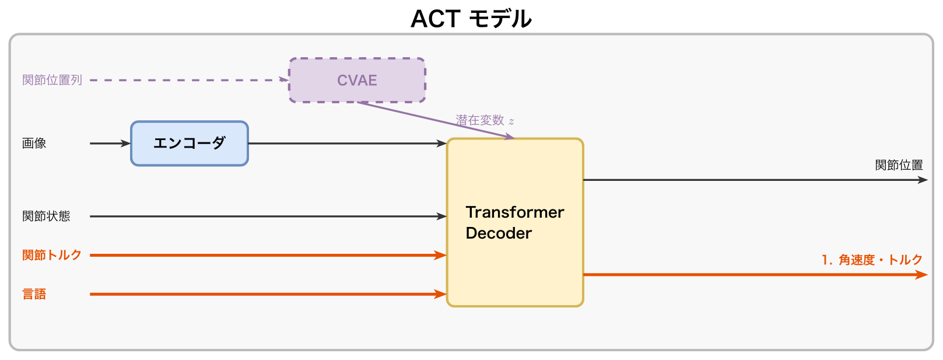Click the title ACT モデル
coord(471,19)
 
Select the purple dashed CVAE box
coord(357,81)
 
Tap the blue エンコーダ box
coord(190,144)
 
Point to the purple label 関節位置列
coord(52,80)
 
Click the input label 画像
coord(34,144)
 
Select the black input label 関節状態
coord(46,216)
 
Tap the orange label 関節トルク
coord(52,255)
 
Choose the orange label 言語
coord(34,294)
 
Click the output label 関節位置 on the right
coord(899,165)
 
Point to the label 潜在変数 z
coord(485,120)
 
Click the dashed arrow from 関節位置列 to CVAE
coord(187,80)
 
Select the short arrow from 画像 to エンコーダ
coord(110,144)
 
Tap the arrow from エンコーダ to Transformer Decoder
coord(347,144)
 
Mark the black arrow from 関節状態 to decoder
coord(268,216)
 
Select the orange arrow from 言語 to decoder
coord(268,294)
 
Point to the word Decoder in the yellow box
coord(499,233)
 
